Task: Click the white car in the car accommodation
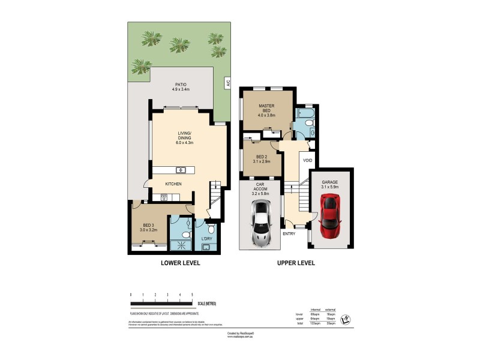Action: click(261, 224)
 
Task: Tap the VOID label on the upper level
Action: click(308, 161)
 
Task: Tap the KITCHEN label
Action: click(173, 184)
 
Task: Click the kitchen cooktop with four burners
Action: click(161, 197)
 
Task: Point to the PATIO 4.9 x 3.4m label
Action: click(181, 87)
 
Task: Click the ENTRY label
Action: click(289, 233)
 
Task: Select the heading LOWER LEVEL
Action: click(179, 263)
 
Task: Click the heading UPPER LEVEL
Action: click(295, 263)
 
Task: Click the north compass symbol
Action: click(345, 319)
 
